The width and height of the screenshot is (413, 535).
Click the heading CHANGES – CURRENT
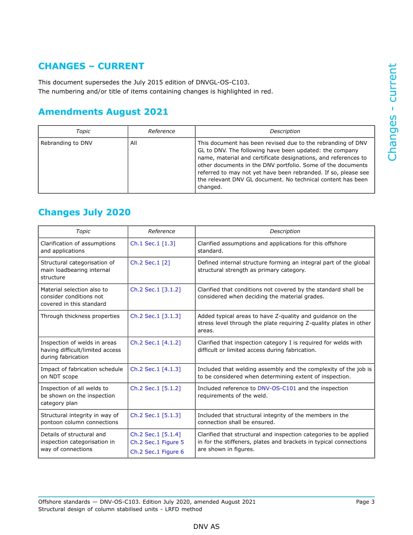tap(91, 66)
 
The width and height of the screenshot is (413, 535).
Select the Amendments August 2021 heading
tap(103, 112)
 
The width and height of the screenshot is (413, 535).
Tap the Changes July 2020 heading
tap(84, 212)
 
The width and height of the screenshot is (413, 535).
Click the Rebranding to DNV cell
tap(67, 143)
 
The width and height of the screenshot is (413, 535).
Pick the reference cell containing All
tap(133, 143)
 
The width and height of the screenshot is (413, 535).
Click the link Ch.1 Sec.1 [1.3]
tap(153, 244)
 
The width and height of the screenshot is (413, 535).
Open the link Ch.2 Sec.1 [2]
tap(150, 263)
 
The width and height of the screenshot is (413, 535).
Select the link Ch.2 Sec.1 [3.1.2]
tap(155, 290)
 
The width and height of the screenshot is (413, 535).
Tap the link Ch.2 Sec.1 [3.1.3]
tap(155, 316)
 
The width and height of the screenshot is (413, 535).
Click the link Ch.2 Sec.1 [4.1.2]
tap(155, 343)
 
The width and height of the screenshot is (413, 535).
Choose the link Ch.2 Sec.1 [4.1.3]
tap(155, 369)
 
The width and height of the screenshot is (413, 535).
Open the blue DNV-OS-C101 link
tap(276, 388)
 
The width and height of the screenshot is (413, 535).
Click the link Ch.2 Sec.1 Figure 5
tap(157, 442)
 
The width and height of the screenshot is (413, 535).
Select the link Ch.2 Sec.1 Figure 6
tap(157, 452)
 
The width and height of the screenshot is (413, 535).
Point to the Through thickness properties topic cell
tap(80, 316)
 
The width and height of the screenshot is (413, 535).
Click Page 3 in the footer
tap(365, 502)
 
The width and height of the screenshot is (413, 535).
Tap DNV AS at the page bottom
tap(206, 527)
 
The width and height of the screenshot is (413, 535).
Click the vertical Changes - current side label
tap(392, 112)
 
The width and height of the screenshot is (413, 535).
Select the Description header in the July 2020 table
tap(285, 231)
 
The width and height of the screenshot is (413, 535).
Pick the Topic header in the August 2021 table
tap(83, 131)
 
